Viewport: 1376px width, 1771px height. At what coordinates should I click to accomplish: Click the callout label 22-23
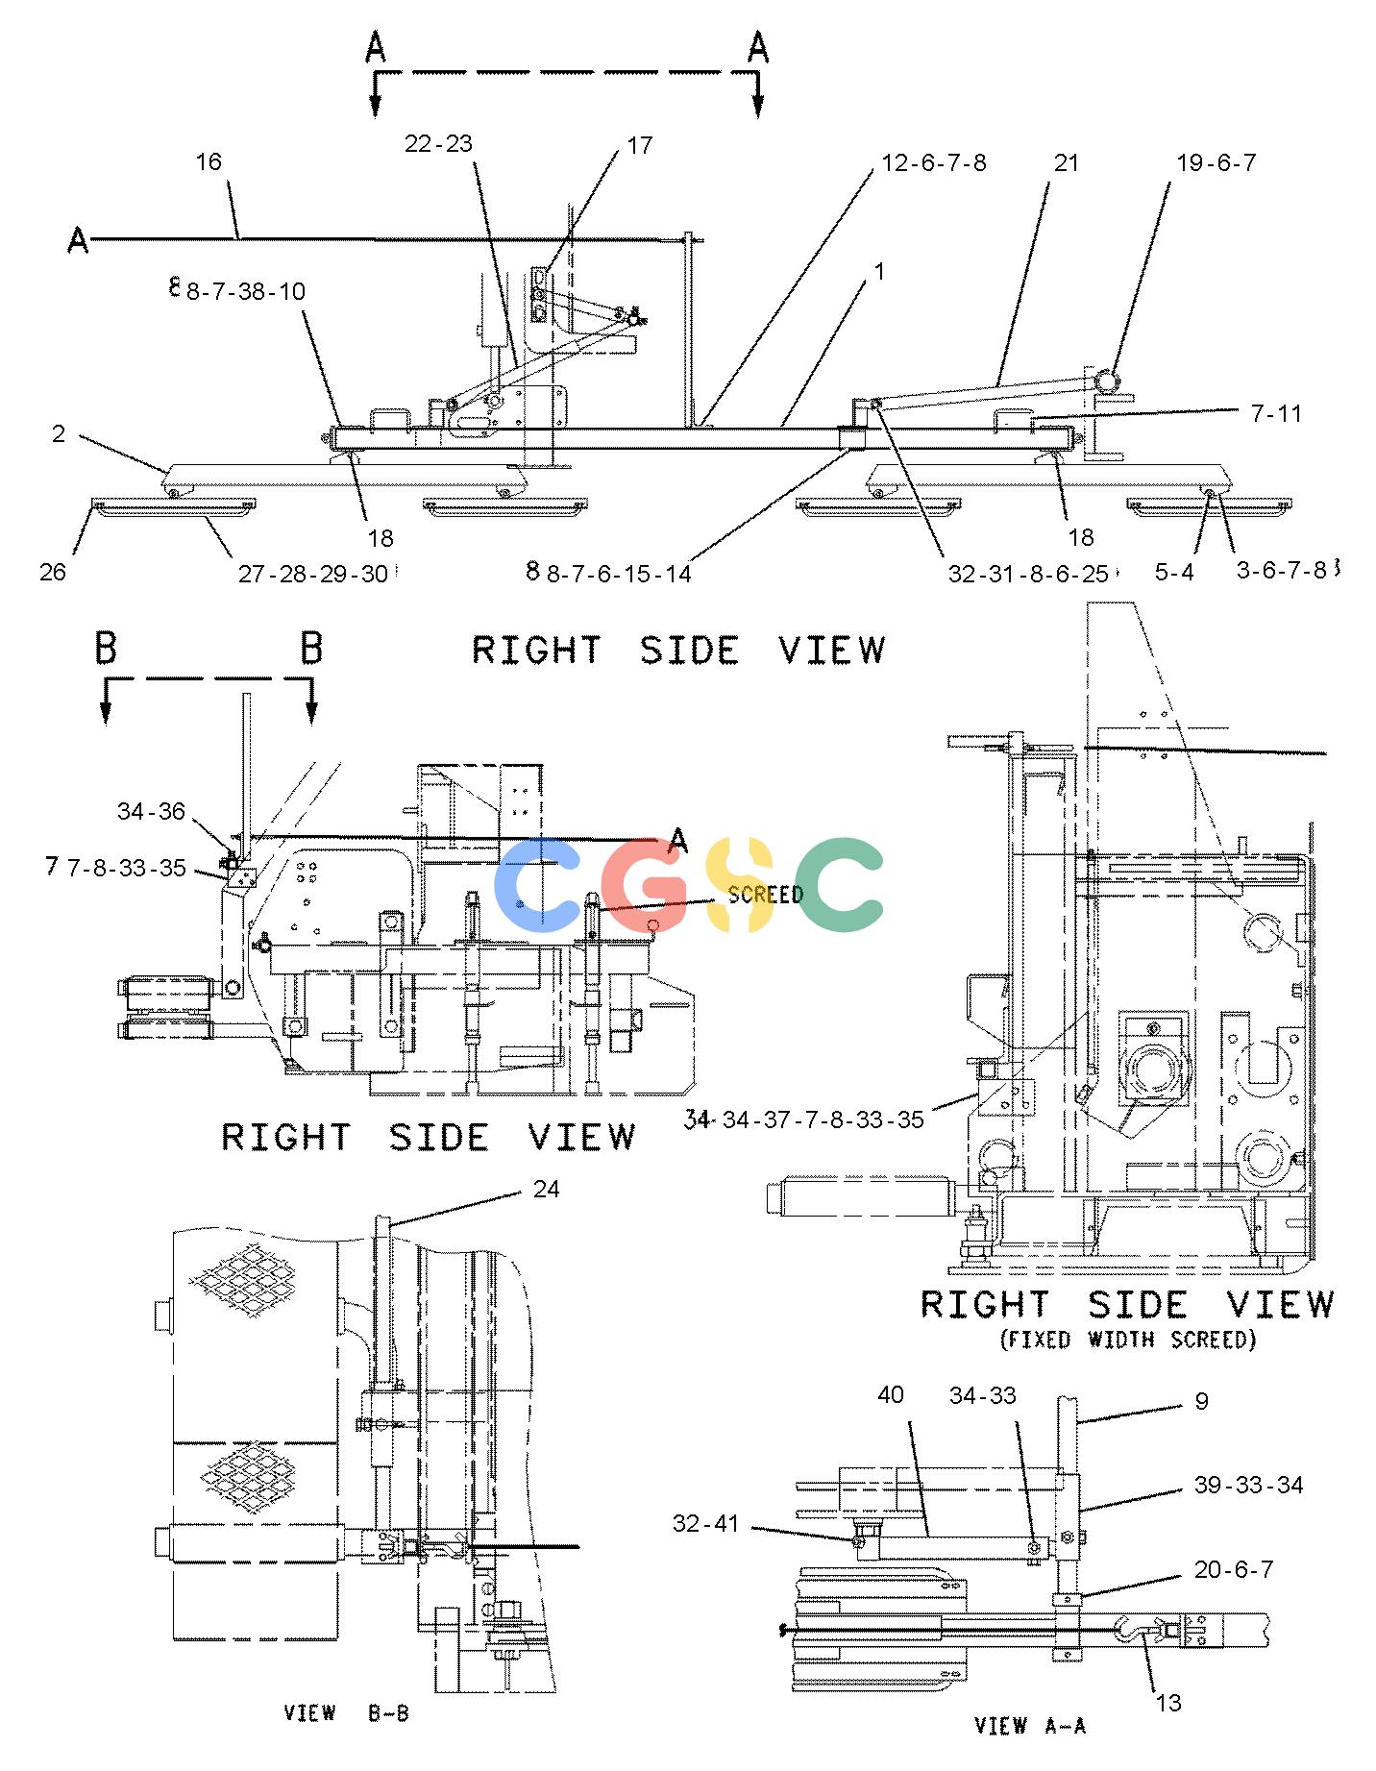click(438, 144)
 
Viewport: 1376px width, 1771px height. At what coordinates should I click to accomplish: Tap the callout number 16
click(209, 161)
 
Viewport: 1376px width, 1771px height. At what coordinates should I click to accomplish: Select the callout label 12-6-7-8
click(934, 162)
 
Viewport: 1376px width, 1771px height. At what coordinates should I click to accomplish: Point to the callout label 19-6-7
click(1216, 162)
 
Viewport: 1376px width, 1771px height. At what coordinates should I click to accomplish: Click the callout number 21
click(1067, 163)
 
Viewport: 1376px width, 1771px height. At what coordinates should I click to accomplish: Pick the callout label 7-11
click(1276, 413)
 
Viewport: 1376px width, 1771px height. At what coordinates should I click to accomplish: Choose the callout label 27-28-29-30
click(313, 573)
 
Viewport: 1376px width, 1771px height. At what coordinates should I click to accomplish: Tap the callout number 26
click(53, 572)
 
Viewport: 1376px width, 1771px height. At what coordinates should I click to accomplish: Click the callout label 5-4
click(1174, 572)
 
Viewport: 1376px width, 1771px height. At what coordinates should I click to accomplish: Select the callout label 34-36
click(151, 811)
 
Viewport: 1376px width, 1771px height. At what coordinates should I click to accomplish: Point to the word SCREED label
click(766, 895)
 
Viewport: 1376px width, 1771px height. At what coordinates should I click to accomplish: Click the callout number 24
click(546, 1189)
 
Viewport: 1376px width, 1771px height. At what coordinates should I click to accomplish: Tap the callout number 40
click(891, 1393)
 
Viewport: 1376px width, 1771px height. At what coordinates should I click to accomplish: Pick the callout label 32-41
click(706, 1523)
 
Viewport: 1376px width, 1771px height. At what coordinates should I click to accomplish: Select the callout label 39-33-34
click(1248, 1485)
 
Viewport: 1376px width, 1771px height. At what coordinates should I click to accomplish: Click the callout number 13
click(1167, 1703)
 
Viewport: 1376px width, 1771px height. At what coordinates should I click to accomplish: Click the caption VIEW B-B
click(346, 1712)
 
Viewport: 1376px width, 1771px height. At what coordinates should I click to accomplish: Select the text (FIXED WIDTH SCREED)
click(1128, 1339)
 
